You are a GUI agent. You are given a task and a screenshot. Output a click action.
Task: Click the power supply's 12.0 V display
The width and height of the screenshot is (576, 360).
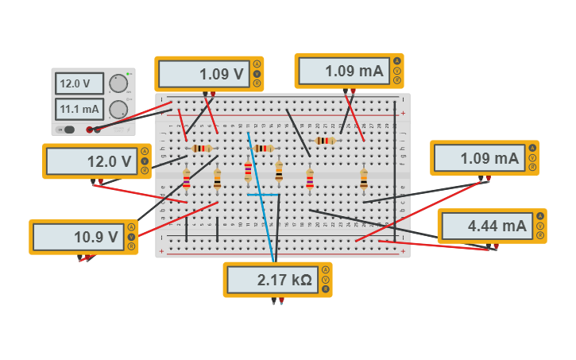(79, 83)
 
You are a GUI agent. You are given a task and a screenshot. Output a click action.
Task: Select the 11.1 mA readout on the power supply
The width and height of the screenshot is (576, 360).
(79, 109)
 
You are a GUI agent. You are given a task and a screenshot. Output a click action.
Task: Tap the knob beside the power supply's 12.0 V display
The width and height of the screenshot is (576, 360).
(118, 83)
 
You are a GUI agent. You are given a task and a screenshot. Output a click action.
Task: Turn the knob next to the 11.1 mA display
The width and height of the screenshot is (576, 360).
(118, 109)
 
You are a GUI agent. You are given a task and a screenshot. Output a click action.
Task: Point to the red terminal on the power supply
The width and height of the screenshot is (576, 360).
(90, 130)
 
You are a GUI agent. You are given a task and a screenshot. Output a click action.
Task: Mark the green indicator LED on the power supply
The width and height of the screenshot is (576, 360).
(129, 73)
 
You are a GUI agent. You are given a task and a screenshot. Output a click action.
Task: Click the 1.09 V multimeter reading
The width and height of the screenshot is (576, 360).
(204, 74)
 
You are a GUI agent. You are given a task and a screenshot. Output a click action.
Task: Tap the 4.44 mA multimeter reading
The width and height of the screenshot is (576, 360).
(487, 226)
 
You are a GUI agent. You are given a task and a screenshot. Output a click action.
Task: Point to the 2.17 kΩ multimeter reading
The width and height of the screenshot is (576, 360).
(273, 280)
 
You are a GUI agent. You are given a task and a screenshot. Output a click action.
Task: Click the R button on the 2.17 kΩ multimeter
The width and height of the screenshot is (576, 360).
(325, 288)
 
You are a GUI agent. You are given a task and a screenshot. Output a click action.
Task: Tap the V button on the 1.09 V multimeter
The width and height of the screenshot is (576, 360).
(257, 74)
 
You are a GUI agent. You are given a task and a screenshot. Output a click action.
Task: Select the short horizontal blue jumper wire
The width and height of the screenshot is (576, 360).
(263, 195)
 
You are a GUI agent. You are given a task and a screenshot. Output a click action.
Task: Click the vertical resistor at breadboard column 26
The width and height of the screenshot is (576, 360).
(364, 180)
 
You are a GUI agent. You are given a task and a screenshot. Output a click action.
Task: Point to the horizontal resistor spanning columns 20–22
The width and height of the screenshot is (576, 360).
(326, 141)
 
